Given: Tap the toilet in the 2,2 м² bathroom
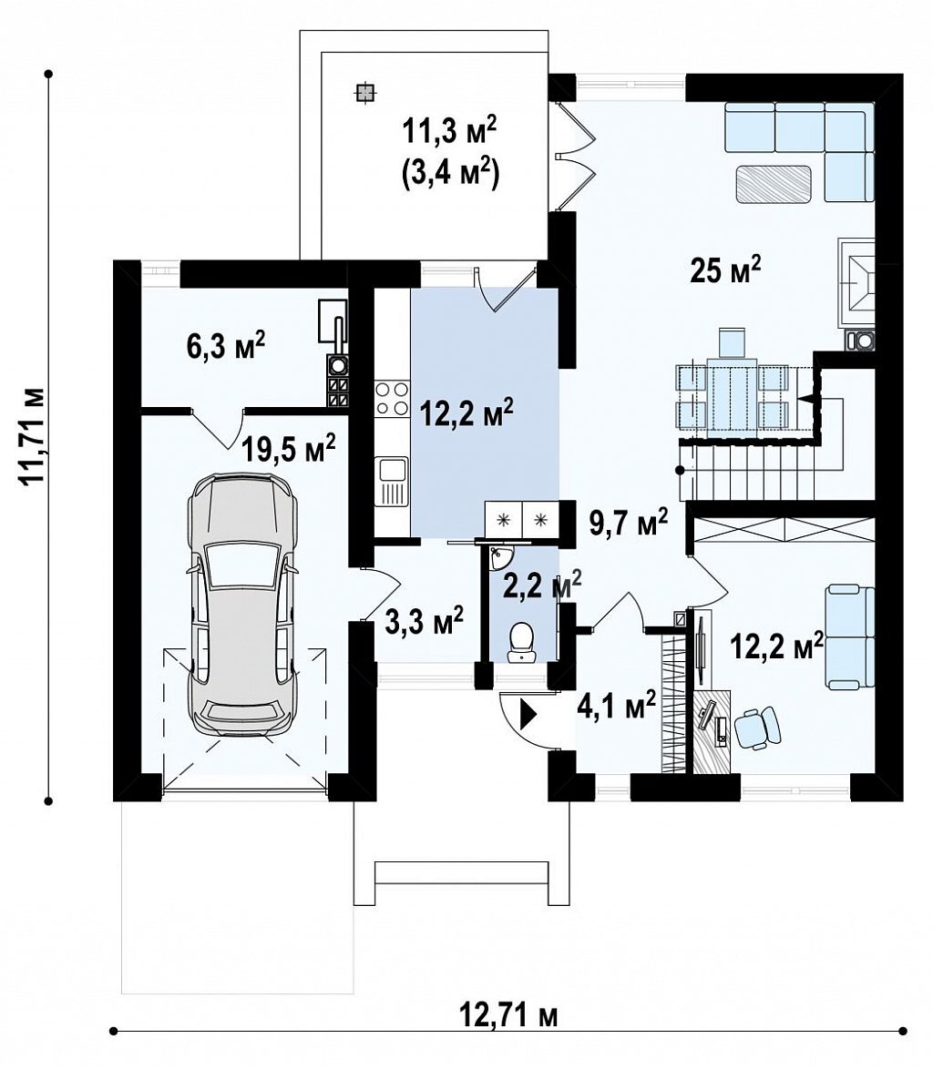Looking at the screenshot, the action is (523, 642).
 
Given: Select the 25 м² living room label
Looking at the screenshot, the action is (725, 270).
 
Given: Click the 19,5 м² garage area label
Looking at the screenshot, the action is (289, 448).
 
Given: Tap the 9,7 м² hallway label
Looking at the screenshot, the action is (628, 523).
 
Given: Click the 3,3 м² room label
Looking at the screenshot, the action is (425, 620).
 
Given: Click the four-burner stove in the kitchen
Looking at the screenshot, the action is (392, 398).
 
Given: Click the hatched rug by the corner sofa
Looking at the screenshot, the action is (773, 184).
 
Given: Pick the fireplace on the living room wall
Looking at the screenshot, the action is (856, 283).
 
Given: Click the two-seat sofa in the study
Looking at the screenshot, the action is (850, 636).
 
